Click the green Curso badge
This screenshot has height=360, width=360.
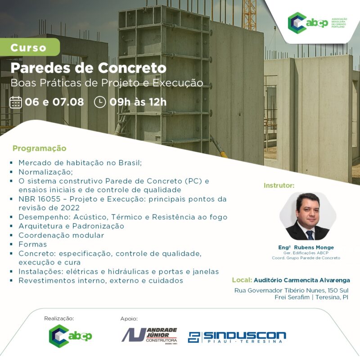pos(30,47)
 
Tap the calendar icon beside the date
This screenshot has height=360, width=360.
pos(16,102)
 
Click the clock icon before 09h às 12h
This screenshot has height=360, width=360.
pos(100,102)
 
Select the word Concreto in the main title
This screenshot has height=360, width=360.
pos(132,68)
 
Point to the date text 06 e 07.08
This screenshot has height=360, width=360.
pos(54,102)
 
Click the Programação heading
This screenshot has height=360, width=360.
pos(40,148)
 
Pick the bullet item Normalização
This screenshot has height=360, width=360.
pos(46,172)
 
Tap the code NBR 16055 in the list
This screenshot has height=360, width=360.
pos(40,199)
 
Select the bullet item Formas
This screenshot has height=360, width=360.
pos(33,244)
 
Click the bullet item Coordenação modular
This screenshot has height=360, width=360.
pos(61,235)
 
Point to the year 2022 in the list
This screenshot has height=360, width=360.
pos(70,208)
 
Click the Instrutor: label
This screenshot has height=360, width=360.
pos(279,185)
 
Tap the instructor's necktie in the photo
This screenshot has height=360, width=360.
pos(310,234)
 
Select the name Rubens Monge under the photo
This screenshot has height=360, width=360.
pos(314,247)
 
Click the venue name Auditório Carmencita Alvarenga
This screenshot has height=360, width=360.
pos(302,280)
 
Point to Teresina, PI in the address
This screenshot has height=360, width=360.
pos(332,297)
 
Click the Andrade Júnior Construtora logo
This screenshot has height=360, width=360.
pos(149,336)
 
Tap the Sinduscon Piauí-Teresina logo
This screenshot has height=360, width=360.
pos(237,337)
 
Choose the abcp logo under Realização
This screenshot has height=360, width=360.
pos(70,336)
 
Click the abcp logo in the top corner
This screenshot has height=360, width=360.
pos(317,23)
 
